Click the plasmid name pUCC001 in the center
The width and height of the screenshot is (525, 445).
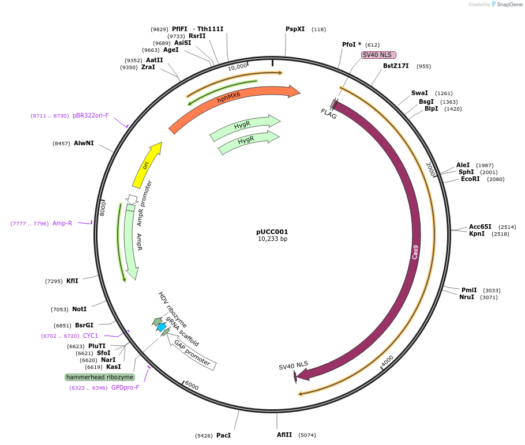272,232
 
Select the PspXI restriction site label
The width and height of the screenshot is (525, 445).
295,29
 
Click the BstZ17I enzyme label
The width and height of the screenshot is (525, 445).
395,66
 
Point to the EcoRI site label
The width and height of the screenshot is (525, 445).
470,179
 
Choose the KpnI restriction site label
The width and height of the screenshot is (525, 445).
477,234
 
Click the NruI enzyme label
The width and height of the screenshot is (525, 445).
467,297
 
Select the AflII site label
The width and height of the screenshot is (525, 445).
284,435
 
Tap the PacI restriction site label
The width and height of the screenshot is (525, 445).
223,435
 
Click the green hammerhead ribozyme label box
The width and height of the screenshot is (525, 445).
100,377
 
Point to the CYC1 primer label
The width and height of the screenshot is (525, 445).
91,335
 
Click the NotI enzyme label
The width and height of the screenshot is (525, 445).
79,309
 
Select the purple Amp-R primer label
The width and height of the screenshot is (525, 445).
62,223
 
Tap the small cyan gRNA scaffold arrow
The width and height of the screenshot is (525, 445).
162,327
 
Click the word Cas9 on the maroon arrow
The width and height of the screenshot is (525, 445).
415,252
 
